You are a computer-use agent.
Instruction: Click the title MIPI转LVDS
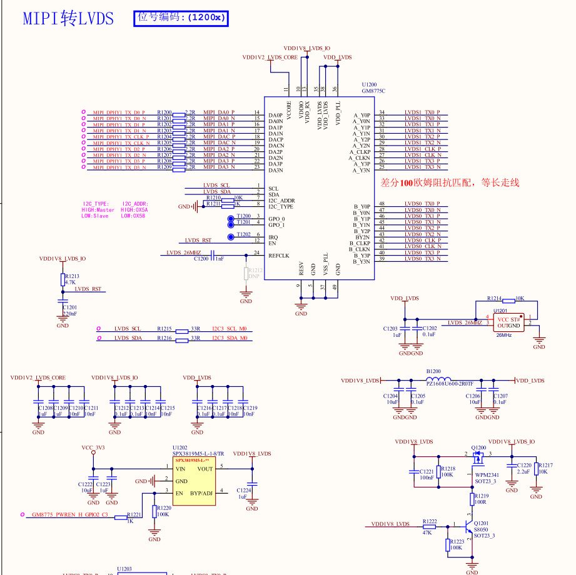68,18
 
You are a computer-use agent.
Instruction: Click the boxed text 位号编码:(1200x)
182,17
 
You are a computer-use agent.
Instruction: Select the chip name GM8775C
373,91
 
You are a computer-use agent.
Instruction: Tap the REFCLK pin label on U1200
279,255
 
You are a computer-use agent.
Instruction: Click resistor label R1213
72,276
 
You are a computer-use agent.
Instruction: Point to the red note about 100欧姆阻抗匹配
450,182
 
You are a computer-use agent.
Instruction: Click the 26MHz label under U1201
504,335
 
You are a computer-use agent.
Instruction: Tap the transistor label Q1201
481,523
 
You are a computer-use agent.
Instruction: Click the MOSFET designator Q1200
478,447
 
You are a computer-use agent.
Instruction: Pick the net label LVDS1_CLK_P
423,149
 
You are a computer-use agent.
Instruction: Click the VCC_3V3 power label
93,447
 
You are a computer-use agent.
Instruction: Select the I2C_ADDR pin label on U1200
281,201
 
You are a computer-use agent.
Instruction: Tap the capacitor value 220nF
69,314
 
